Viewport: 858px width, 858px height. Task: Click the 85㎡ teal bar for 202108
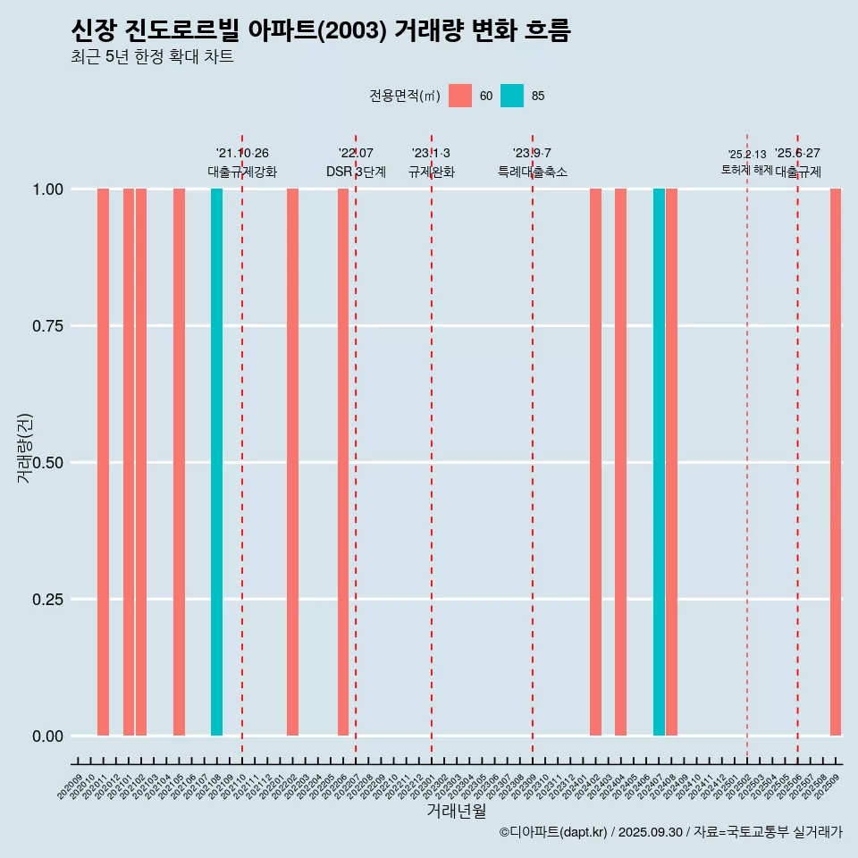216,462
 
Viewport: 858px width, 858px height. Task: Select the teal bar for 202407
659,462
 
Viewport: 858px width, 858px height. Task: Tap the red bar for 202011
103,462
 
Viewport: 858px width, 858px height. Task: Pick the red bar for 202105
179,462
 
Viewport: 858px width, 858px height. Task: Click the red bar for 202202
292,462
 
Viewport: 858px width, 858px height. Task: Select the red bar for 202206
343,462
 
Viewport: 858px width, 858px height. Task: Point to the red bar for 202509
836,462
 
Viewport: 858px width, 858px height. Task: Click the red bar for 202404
620,462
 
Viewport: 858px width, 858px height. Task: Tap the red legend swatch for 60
460,96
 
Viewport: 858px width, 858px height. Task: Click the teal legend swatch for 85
512,96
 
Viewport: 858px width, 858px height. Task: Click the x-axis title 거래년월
456,811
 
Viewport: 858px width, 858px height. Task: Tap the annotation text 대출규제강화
242,172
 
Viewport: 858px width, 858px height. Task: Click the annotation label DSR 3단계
356,172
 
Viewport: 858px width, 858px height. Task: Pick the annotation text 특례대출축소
533,172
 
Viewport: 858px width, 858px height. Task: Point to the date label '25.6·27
797,154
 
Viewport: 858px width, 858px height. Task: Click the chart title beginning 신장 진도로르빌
320,31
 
